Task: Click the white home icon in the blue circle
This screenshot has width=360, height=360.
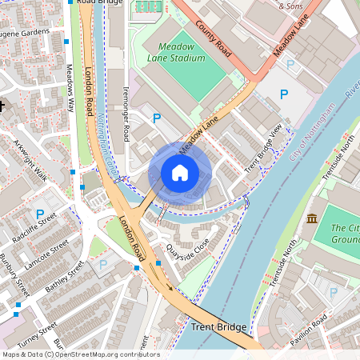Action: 180,172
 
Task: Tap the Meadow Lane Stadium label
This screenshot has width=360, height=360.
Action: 176,52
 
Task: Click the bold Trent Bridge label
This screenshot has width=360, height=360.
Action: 218,327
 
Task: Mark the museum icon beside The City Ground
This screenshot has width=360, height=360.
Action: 312,218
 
